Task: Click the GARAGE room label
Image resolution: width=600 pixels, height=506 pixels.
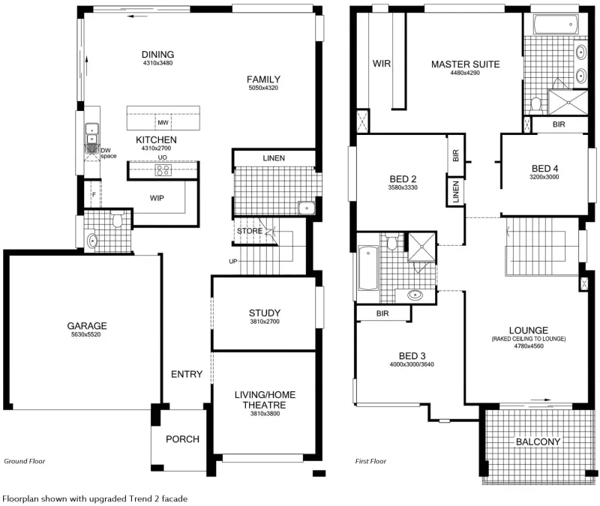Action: pos(87,326)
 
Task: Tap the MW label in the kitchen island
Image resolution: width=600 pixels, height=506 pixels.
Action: pos(163,123)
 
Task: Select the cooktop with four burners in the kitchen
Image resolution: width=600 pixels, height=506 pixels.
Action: pos(163,170)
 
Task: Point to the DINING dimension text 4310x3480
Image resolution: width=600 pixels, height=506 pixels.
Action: pos(157,63)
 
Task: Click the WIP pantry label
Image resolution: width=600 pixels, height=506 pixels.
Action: pos(157,198)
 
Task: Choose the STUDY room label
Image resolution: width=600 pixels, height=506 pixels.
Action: pos(265,313)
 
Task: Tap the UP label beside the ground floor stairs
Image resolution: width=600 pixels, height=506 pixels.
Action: pos(233,261)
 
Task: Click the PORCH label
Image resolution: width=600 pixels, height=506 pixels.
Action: pos(182,439)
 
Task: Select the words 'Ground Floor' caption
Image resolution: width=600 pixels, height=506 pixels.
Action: pos(25,461)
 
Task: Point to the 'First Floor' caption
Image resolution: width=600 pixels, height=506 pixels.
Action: pos(370,461)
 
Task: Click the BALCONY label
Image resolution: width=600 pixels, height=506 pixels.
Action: pos(538,442)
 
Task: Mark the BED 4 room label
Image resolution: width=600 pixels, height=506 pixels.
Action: pos(544,169)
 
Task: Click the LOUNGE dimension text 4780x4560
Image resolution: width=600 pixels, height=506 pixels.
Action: pos(529,346)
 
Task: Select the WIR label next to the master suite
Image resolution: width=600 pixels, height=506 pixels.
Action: pos(382,64)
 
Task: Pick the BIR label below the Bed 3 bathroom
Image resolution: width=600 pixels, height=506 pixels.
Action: pos(382,313)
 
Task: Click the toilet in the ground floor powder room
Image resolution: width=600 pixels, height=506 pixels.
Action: pos(117,219)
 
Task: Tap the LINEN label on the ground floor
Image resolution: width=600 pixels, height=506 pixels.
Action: pos(274,158)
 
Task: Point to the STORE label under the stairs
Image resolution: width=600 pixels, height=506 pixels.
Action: pos(250,231)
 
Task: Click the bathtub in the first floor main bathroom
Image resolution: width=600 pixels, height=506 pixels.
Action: pos(368,268)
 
